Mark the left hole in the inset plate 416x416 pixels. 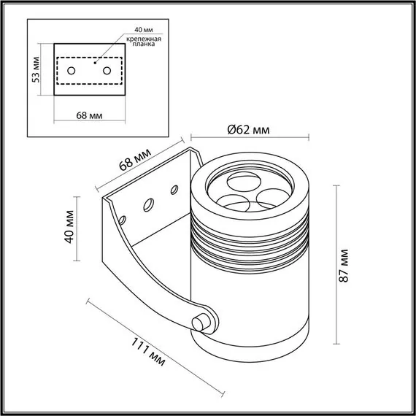[72, 71]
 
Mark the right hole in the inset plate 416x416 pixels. [107, 71]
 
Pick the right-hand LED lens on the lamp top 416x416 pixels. [268, 196]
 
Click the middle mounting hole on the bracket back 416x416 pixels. [149, 204]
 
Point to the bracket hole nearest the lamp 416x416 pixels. [175, 190]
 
